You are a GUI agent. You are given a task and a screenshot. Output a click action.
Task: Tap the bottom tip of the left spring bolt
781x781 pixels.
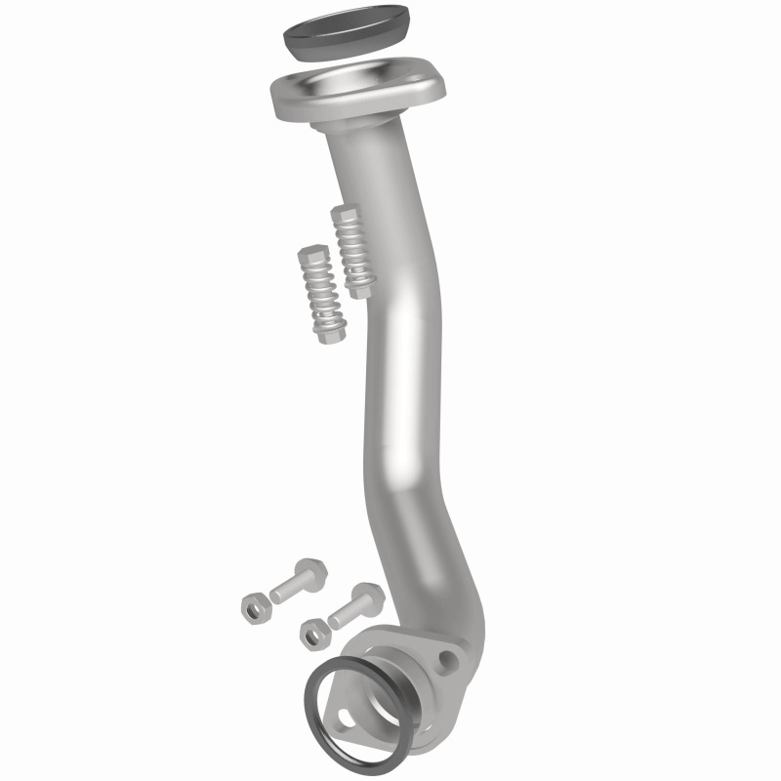coord(332,337)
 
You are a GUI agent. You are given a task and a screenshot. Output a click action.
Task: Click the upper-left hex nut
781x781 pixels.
coord(255,607)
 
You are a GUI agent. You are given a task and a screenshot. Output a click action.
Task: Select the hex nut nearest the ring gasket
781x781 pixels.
coord(313,633)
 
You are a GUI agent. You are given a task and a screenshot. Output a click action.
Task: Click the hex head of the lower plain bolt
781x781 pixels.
coord(368,596)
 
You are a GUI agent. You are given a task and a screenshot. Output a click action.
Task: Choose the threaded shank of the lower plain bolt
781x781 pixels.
coord(344,614)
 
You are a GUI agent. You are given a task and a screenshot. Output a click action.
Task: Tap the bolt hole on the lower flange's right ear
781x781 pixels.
coord(446,662)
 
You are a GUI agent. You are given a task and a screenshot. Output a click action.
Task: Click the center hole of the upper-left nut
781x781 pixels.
coord(255,607)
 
